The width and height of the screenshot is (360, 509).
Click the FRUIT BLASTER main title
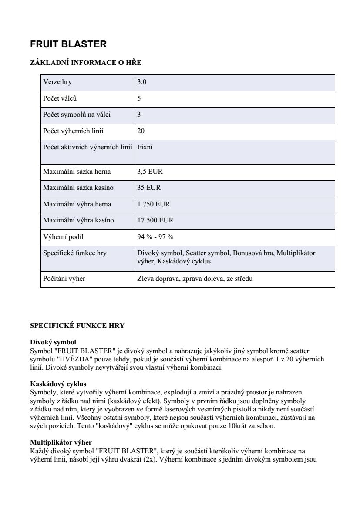point(68,44)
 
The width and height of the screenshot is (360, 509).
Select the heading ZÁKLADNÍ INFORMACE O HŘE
point(86,63)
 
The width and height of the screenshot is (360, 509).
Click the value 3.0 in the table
point(142,82)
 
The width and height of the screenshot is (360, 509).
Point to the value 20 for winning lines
point(141,131)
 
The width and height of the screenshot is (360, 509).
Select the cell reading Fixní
point(145,147)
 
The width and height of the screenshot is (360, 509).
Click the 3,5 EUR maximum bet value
point(150,172)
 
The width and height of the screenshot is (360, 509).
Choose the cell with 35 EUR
point(149,188)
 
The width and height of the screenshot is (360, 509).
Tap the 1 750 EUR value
point(154,204)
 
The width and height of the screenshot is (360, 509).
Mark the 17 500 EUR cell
point(155,220)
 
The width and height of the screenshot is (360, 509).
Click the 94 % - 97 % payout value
point(155,237)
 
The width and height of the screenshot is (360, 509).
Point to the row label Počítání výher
point(64,279)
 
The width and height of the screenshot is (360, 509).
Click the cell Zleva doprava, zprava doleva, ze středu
point(195,279)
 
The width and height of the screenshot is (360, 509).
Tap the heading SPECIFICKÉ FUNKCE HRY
point(77,326)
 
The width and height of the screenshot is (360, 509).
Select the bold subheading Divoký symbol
point(53,343)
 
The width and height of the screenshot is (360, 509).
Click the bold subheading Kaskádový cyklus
point(58,384)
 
